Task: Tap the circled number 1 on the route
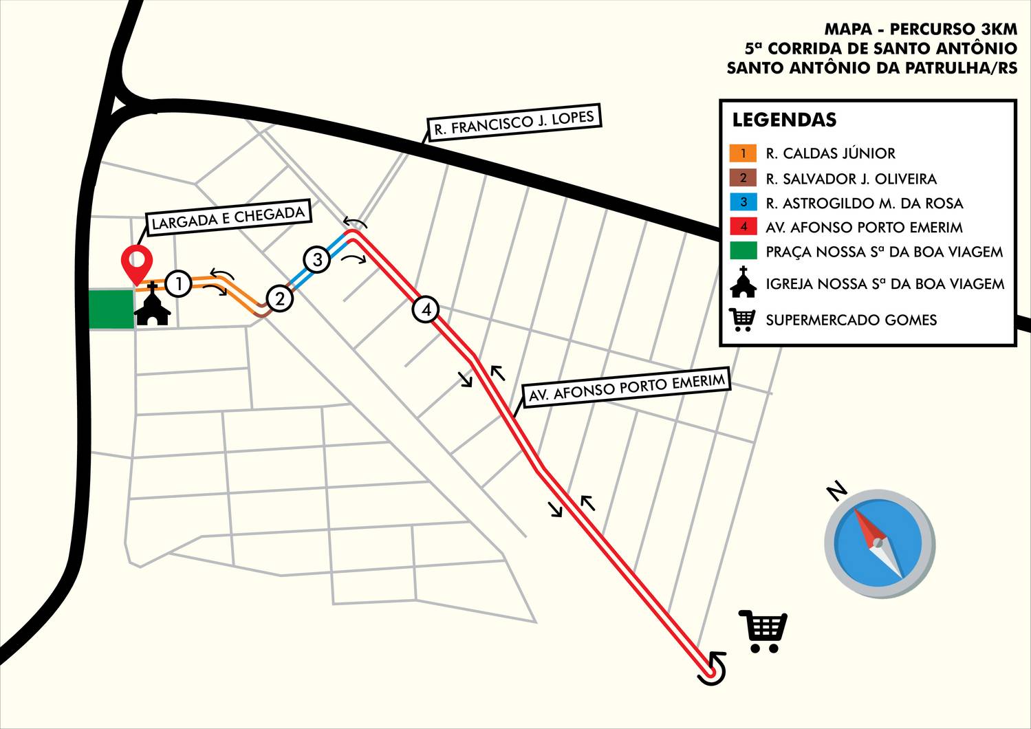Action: tap(179, 283)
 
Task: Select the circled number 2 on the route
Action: tap(280, 299)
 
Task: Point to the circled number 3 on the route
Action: tap(317, 260)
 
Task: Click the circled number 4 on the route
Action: tap(426, 310)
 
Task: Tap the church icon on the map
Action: tap(152, 305)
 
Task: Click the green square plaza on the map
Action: tap(111, 309)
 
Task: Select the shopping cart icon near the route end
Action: tap(763, 630)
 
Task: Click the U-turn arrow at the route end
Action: tap(713, 668)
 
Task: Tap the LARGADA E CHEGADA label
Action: tap(228, 218)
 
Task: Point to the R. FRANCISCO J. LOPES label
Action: tap(514, 122)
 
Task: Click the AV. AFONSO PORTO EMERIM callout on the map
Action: tap(626, 388)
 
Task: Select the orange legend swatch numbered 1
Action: tap(743, 153)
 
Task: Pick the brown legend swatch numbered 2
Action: tap(743, 178)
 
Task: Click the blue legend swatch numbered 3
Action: tap(743, 203)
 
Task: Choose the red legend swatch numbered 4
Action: tap(743, 227)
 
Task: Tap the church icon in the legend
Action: tap(743, 283)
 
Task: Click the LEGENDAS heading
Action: tap(784, 120)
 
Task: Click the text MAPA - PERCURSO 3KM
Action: tap(920, 29)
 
